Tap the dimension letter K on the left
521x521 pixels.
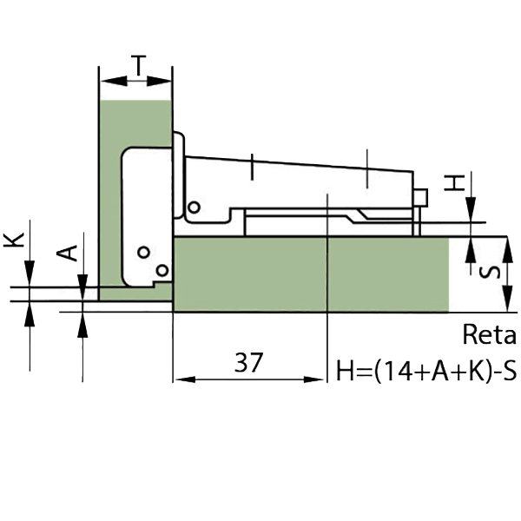(x=14, y=240)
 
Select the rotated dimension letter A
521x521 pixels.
(x=67, y=253)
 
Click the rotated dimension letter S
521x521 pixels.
(x=490, y=272)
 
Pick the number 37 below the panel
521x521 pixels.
(x=248, y=362)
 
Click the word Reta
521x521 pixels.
(x=490, y=334)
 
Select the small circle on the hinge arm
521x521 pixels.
(x=194, y=208)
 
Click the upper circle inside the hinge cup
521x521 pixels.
(x=143, y=252)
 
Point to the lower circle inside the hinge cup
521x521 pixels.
(x=162, y=271)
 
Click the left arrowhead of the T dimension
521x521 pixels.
(x=113, y=81)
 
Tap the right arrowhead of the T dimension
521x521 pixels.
(x=159, y=81)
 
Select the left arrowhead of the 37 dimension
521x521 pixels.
(x=185, y=379)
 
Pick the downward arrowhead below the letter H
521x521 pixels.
(x=471, y=209)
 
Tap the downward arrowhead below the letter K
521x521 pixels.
(x=30, y=274)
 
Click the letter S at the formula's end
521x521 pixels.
(x=510, y=370)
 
